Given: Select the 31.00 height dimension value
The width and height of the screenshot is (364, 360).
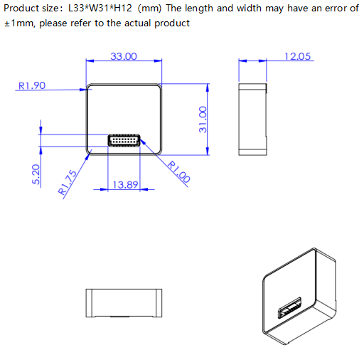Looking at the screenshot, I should point(203,120).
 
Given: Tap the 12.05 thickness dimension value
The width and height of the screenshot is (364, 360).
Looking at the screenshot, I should point(297,57).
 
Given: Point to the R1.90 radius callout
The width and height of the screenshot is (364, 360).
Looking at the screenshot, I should point(31,85).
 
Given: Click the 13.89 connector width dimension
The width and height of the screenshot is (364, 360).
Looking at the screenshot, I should point(125,184).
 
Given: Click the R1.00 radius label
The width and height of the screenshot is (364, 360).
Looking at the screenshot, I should point(178,172).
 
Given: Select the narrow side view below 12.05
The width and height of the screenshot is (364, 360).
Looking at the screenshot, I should point(253,118).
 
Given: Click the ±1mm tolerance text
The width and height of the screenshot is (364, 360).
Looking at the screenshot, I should point(18,23).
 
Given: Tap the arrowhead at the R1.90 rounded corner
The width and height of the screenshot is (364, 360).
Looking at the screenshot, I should point(85,89).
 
